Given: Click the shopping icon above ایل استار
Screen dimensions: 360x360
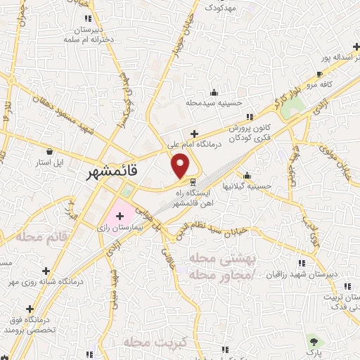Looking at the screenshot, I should (49, 151).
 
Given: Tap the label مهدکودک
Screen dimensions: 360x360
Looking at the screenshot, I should (215, 6).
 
